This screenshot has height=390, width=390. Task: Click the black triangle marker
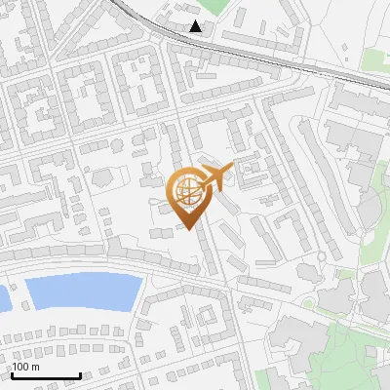click(196, 26)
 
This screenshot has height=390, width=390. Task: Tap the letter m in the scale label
click(37, 367)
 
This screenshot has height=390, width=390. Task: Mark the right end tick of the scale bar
click(80, 374)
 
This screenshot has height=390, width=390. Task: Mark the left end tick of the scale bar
click(11, 374)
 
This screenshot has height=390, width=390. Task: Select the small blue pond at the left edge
click(3, 297)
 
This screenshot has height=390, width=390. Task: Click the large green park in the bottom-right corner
click(341, 356)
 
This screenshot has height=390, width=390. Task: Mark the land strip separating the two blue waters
click(17, 295)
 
